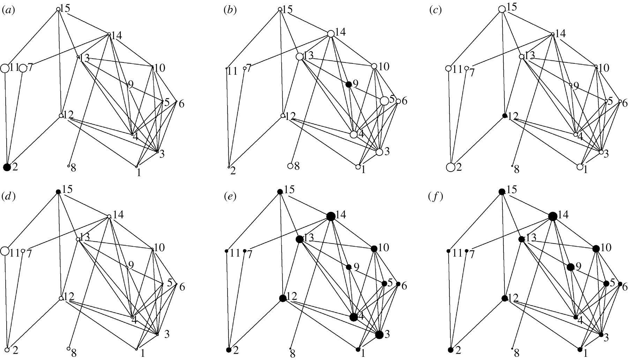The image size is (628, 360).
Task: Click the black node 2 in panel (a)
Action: click(7, 167)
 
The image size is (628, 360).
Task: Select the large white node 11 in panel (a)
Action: click(5, 68)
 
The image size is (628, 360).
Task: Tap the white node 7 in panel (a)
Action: click(23, 68)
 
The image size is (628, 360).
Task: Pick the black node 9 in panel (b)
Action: click(348, 84)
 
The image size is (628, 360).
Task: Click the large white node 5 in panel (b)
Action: click(384, 101)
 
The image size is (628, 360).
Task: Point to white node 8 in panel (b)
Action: click(290, 166)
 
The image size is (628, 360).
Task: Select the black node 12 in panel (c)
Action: click(504, 115)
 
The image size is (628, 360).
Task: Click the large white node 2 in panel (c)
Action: click(450, 167)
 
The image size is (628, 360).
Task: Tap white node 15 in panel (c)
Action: click(502, 9)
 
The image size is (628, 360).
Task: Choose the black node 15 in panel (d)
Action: click(58, 192)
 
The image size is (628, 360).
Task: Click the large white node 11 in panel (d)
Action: click(5, 251)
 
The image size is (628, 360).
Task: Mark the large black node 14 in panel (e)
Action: click(331, 216)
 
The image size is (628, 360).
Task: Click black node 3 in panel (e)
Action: click(379, 335)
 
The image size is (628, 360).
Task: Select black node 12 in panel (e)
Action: click(283, 298)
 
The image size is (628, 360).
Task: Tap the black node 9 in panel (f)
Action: click(570, 267)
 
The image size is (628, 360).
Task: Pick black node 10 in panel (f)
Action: click(596, 249)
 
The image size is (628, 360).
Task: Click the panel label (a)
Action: click(8, 10)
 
